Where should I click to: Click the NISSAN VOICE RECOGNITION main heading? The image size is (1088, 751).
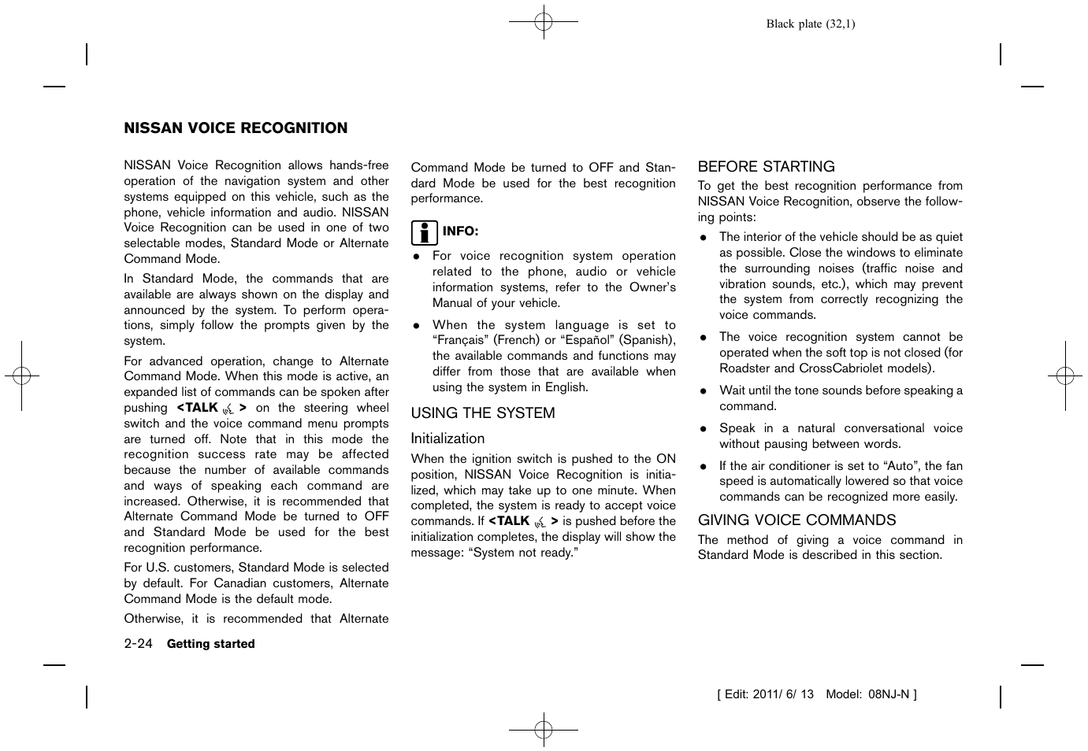click(x=236, y=128)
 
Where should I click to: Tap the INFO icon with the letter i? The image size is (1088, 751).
click(x=424, y=232)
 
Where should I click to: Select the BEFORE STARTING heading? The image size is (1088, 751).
click(x=766, y=167)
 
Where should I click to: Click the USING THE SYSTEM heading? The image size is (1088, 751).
click(x=482, y=413)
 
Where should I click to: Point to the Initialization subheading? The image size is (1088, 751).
click(x=447, y=438)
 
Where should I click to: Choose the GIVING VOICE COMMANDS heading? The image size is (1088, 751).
click(x=797, y=520)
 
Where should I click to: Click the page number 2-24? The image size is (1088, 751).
click(x=138, y=643)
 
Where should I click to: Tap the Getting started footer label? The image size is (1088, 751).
click(x=210, y=644)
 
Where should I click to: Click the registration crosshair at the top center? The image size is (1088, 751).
click(x=544, y=22)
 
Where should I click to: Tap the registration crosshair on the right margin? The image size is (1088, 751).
click(x=1065, y=376)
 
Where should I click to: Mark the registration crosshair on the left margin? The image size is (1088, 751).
click(x=22, y=376)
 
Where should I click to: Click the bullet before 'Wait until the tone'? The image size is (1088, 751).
click(x=703, y=391)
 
